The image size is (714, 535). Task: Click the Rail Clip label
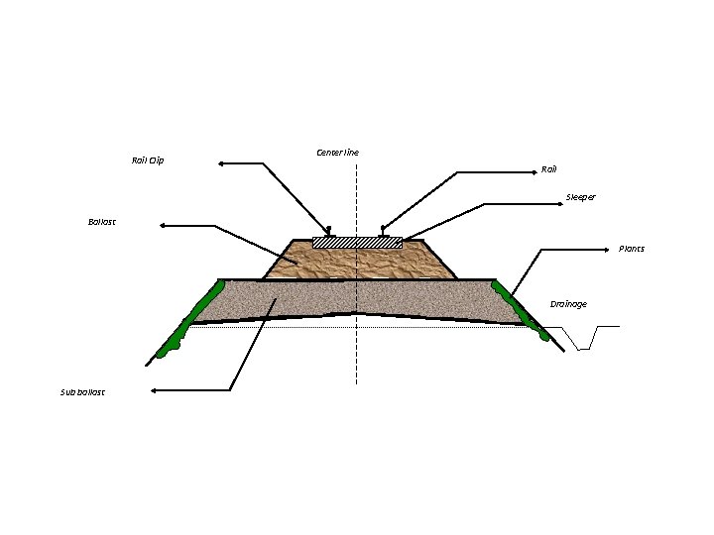point(148,160)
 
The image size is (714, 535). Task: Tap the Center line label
point(337,153)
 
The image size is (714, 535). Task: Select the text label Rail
point(549,169)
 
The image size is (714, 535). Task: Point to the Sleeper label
point(581,197)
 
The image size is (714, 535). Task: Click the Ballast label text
point(102,222)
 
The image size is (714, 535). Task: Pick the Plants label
point(632,249)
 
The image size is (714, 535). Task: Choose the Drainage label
point(568,304)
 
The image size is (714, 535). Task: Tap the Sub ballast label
point(82,392)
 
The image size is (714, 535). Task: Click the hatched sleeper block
point(357,242)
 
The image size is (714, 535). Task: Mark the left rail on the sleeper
point(329,234)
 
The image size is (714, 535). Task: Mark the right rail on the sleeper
point(383,234)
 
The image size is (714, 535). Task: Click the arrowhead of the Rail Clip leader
point(222,161)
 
